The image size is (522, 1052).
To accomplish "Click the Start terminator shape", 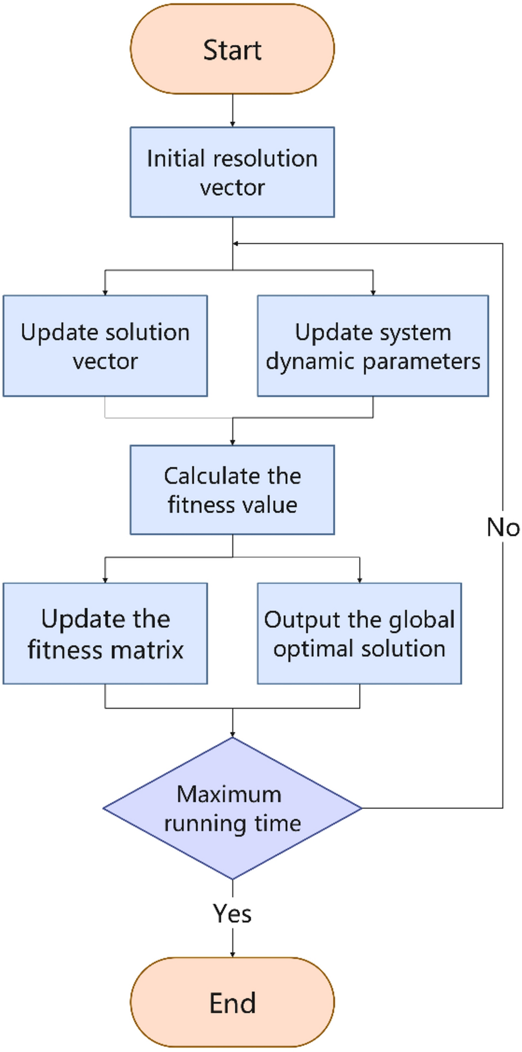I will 232,49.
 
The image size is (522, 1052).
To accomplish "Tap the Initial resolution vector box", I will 232,173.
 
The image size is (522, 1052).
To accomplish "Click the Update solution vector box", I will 105,346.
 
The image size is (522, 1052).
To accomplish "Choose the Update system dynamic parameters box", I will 373,346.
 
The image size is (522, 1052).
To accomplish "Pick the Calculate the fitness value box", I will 232,490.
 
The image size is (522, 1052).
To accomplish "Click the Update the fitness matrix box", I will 105,634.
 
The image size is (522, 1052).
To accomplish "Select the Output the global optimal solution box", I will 359,634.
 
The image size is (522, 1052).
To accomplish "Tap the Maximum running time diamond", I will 232,808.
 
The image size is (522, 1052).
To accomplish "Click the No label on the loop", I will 503,527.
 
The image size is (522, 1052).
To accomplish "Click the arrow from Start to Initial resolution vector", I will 232,111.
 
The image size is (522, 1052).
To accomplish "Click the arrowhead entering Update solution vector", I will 105,292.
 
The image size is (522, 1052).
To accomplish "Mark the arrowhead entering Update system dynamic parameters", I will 373,292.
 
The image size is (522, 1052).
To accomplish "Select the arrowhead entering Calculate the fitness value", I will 232,442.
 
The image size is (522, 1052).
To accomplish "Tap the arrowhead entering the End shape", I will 232,954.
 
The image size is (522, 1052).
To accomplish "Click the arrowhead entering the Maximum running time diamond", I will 232,734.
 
